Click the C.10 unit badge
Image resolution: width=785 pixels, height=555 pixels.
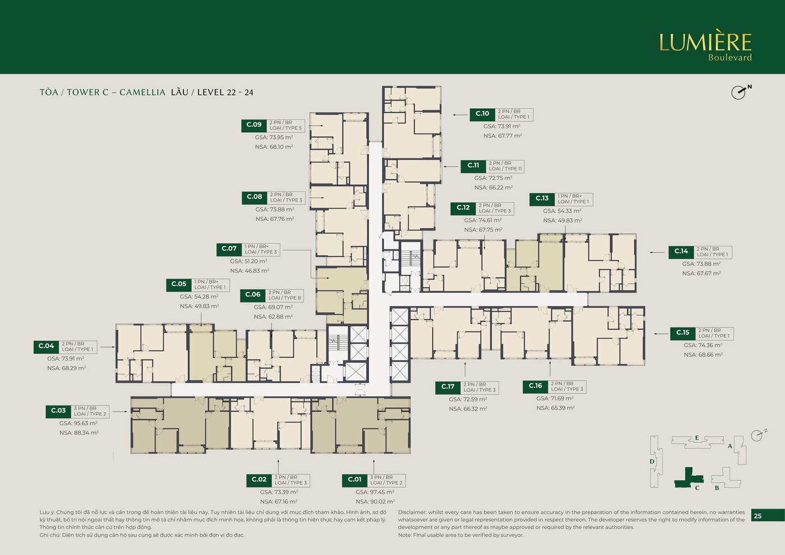(482, 114)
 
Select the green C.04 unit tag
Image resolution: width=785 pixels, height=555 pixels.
(46, 346)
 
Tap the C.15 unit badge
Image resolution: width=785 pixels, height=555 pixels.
(682, 332)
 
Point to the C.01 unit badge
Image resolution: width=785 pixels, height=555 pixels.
(354, 479)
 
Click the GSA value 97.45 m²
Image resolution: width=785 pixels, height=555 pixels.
(375, 492)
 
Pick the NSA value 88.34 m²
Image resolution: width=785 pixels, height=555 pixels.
(79, 433)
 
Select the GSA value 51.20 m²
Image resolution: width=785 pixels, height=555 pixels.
(248, 261)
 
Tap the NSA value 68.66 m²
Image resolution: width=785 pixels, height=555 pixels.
(703, 355)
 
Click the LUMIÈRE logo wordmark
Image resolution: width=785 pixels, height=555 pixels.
(705, 43)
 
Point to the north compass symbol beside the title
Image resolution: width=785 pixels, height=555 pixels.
(740, 91)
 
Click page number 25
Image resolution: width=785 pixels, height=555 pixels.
(758, 516)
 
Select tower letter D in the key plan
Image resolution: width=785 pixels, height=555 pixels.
(652, 461)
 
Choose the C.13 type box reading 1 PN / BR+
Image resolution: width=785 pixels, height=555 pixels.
(573, 199)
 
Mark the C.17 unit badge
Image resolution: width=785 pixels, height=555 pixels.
(447, 386)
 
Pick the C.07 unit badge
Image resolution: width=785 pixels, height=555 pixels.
(229, 248)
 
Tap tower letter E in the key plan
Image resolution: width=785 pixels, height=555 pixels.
(696, 438)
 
